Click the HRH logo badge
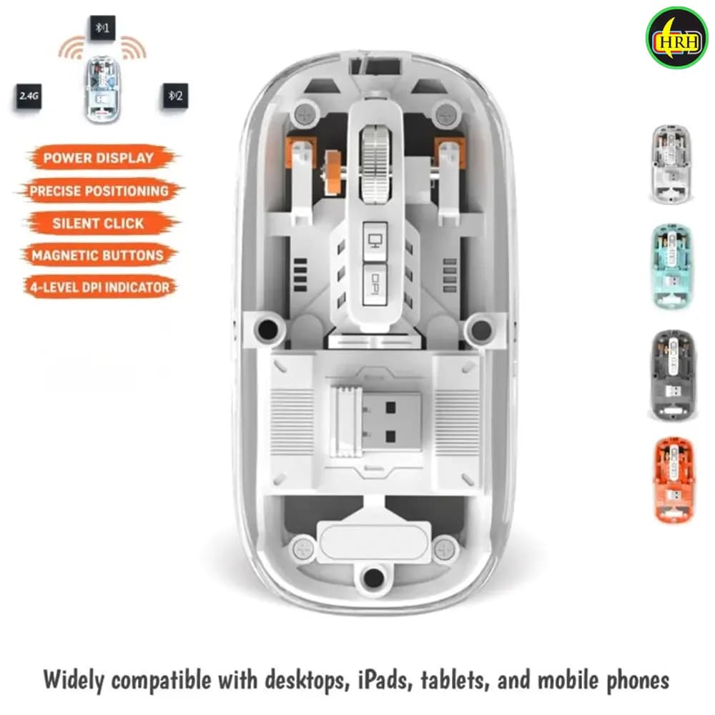pos(676,37)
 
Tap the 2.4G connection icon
pos(29,96)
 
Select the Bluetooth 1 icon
pos(102,29)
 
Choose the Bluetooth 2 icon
pos(176,96)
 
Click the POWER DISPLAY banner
pos(99,158)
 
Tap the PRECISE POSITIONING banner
pos(99,191)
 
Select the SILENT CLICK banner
pos(99,223)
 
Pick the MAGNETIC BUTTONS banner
pos(99,255)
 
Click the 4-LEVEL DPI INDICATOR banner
pos(100,287)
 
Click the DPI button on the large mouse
pos(375,285)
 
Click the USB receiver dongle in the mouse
pos(377,422)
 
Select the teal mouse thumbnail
pos(672,266)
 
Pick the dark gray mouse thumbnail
pos(673,375)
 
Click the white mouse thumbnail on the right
pos(671,164)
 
